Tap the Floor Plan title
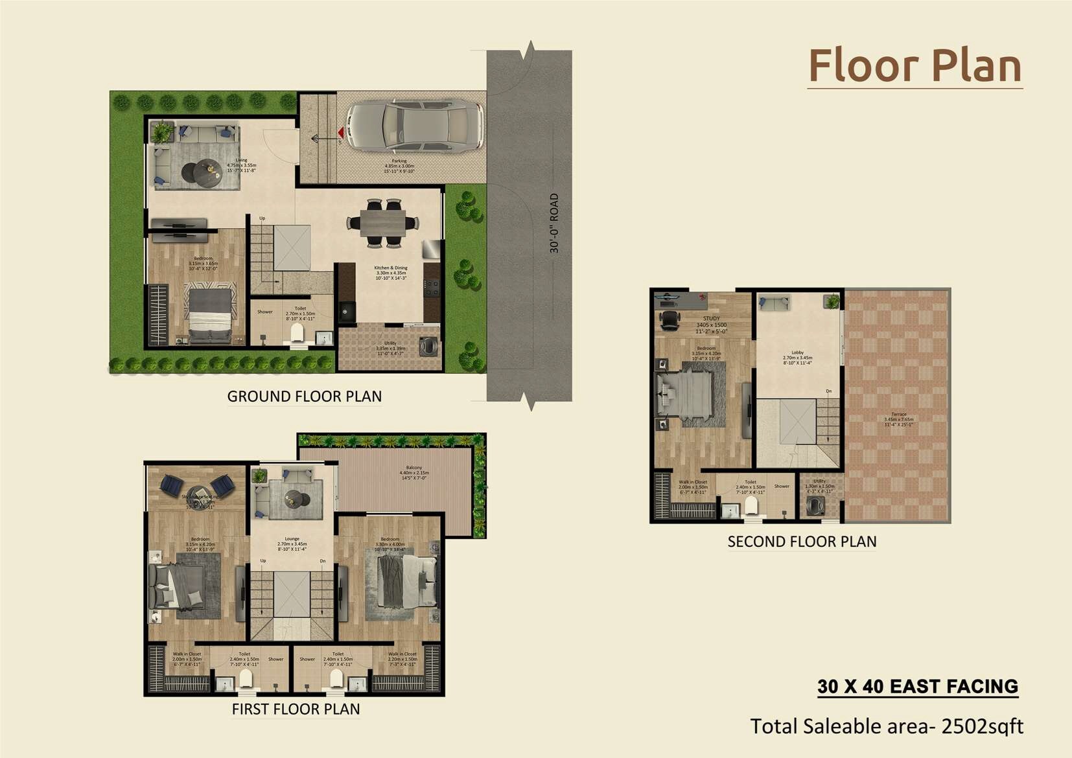(x=915, y=66)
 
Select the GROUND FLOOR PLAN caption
(x=304, y=396)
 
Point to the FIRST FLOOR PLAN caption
(x=296, y=709)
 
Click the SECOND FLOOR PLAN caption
(x=802, y=542)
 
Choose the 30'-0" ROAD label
(x=554, y=223)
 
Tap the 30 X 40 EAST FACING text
(x=918, y=687)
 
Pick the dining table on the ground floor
(x=383, y=224)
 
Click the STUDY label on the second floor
(x=711, y=319)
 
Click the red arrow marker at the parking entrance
(x=340, y=133)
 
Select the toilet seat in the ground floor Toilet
(x=297, y=333)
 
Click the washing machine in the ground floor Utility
(x=428, y=347)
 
